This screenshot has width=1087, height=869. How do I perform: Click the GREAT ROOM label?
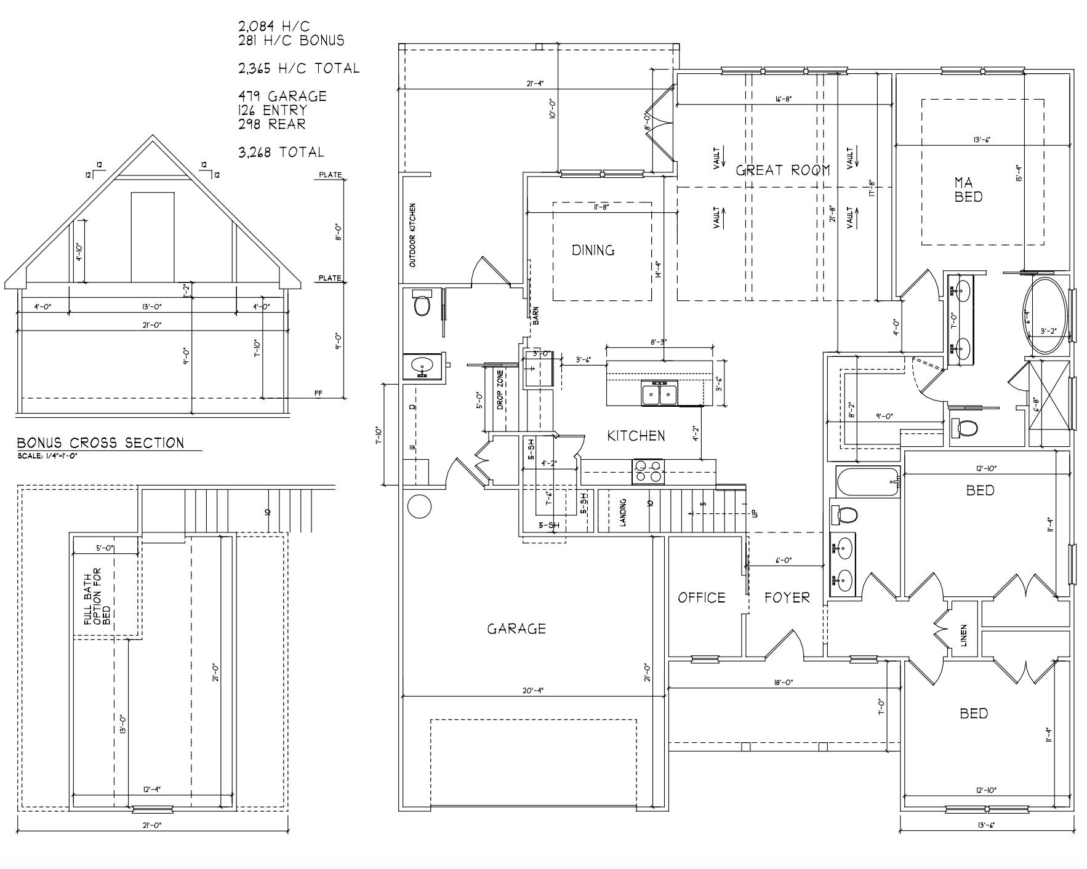783,170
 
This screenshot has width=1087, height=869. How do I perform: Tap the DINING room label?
593,250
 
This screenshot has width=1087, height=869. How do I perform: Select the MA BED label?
968,190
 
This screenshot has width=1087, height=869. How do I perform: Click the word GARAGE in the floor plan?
516,629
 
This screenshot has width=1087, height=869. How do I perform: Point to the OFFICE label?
702,598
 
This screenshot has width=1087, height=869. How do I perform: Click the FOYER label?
787,598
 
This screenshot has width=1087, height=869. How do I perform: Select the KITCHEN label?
636,436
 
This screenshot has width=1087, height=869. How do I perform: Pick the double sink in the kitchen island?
659,393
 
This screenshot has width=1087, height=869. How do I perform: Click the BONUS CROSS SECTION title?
100,443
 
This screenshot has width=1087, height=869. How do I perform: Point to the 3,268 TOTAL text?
281,152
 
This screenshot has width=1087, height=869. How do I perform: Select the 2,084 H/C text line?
274,26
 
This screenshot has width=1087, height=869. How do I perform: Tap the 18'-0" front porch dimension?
781,683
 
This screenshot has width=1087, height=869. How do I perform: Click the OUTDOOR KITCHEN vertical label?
412,235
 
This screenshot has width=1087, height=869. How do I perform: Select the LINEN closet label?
964,636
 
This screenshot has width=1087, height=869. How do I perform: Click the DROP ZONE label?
500,390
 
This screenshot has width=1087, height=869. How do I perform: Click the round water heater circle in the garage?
419,507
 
